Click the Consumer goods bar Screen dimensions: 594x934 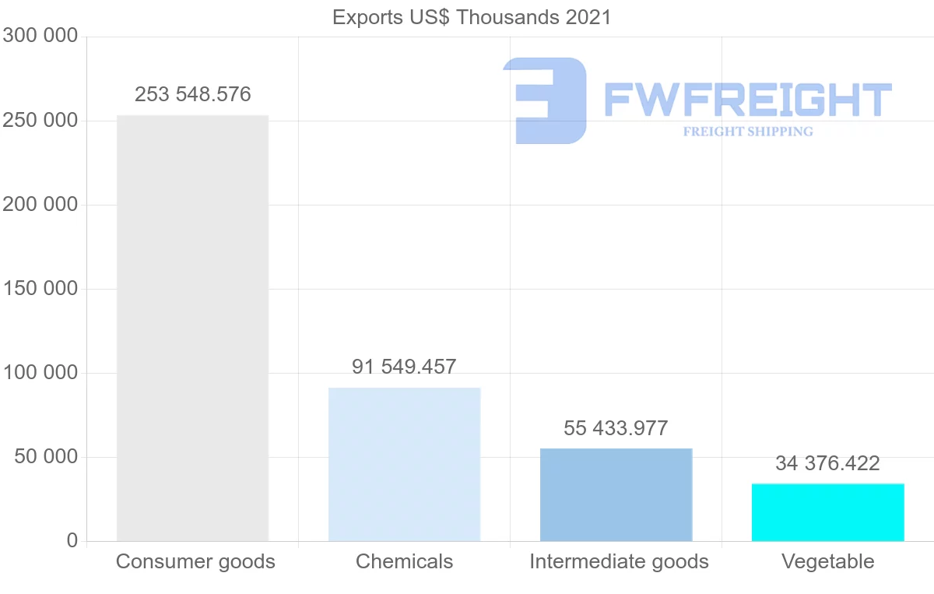192,328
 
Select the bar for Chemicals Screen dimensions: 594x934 404,464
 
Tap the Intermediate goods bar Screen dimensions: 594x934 616,494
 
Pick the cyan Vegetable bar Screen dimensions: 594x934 827,512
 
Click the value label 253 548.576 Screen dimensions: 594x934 192,95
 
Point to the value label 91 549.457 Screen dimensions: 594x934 404,367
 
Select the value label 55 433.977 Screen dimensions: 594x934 616,428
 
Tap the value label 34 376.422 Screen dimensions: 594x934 827,464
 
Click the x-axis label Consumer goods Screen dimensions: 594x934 195,561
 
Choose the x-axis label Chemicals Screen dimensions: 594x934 404,561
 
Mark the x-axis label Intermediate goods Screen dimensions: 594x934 619,561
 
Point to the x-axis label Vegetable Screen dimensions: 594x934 827,561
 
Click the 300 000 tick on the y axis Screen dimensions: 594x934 40,36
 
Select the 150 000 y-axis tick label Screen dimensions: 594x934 40,289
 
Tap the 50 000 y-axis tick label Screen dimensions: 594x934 47,457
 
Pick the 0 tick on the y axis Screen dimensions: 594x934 72,541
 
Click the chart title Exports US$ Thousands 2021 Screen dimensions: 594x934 472,17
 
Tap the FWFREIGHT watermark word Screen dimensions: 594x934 747,100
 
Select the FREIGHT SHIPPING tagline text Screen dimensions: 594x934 747,132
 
